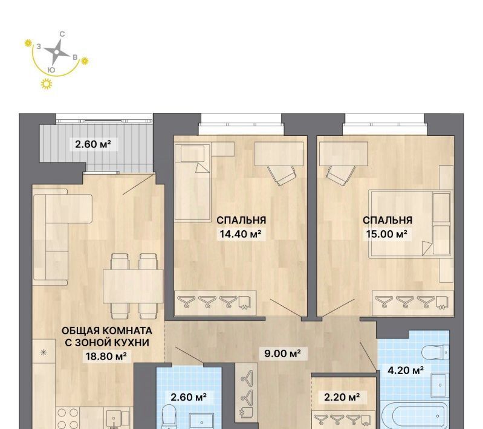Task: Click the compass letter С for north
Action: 62,34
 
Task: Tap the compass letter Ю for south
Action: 52,70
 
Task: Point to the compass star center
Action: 56,52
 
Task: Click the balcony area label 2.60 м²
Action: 93,144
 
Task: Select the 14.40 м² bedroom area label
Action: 241,234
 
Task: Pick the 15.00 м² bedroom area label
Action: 387,234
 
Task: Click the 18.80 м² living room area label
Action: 106,356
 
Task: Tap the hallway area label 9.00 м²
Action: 282,353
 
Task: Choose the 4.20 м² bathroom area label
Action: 406,370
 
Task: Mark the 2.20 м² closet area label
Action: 342,398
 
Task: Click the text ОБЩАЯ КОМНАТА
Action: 107,331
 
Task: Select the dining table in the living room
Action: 133,286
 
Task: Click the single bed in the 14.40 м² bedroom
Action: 192,183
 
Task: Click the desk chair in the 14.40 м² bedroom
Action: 281,175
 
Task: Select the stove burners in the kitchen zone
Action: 68,418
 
